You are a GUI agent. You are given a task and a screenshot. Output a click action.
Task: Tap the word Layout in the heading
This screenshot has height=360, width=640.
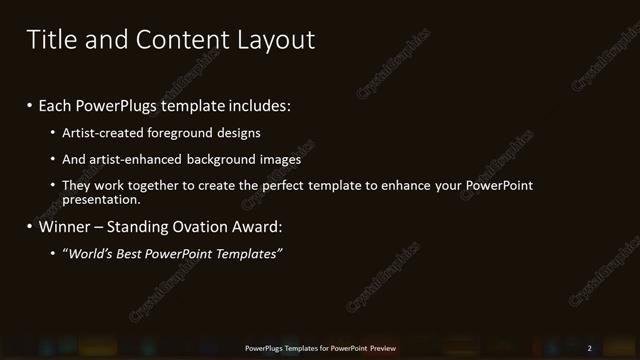[x=275, y=40]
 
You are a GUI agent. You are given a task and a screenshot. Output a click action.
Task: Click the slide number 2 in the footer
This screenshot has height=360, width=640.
[x=589, y=348]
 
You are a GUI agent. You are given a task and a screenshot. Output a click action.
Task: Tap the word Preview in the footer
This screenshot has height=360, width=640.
[x=383, y=348]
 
